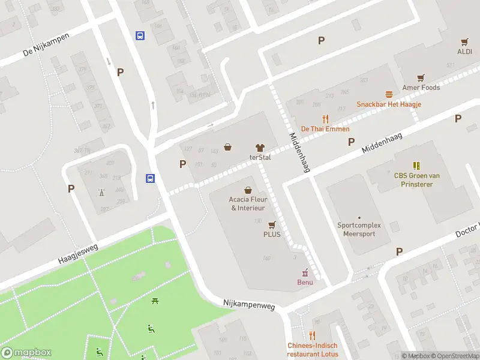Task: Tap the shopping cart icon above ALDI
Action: point(464,42)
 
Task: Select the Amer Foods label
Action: point(421,88)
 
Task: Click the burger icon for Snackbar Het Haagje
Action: point(389,94)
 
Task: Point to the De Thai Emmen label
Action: point(325,129)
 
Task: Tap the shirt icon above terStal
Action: point(260,147)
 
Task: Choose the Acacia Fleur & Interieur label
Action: point(247,203)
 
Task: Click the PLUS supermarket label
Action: point(272,235)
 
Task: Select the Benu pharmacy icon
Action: point(305,272)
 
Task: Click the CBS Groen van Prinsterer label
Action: point(417,180)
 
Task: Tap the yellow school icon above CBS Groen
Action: point(416,165)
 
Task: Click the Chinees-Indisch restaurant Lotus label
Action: point(312,350)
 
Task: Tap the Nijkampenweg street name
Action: point(249,305)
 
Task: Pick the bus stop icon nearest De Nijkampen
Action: point(140,35)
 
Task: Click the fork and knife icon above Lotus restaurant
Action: point(312,335)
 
